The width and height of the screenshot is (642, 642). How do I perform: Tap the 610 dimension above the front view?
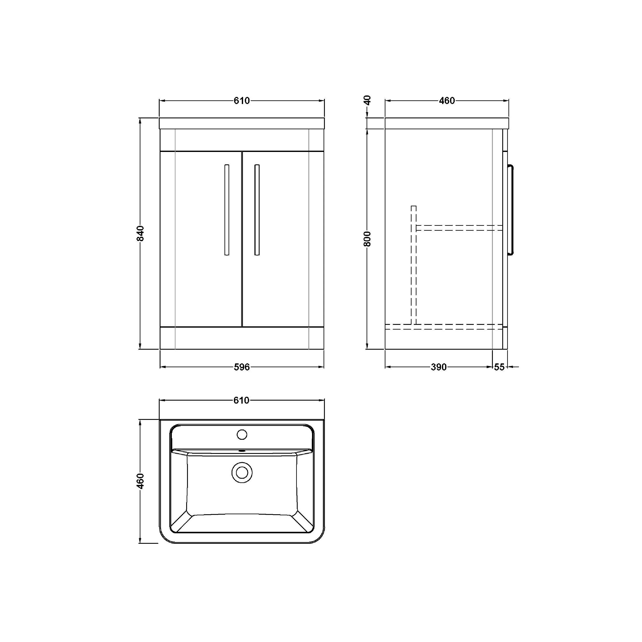(x=242, y=100)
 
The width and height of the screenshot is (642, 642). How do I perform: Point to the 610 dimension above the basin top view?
(x=242, y=400)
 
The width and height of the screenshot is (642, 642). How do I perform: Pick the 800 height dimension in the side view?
(x=367, y=239)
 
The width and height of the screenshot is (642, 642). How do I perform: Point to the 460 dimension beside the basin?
(x=141, y=481)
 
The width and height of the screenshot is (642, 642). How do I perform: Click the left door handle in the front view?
(x=227, y=210)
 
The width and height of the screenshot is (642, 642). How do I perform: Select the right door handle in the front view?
(x=257, y=210)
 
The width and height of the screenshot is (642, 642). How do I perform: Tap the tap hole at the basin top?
(x=242, y=434)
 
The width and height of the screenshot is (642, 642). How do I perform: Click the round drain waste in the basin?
(x=242, y=472)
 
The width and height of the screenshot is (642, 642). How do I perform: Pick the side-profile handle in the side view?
(x=512, y=210)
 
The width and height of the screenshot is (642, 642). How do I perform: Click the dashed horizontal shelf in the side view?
(x=459, y=228)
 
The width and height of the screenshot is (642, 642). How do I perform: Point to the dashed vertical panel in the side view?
(x=414, y=266)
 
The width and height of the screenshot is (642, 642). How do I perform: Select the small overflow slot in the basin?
(x=242, y=451)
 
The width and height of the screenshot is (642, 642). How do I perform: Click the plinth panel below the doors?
(x=242, y=338)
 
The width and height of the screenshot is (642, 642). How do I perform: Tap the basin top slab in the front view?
(x=242, y=123)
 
